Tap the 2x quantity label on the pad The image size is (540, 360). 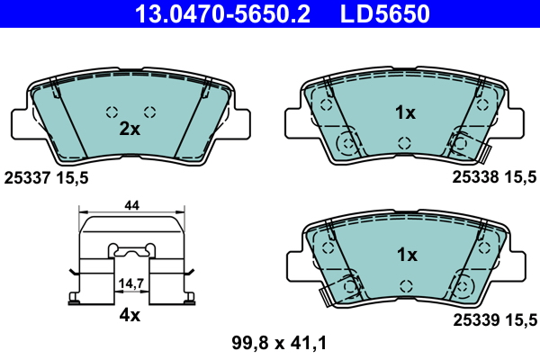130,129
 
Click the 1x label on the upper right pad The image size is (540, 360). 406,113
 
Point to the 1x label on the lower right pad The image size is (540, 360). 406,255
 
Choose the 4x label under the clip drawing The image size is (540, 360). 131,316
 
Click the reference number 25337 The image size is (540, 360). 27,178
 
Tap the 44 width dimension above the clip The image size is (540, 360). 131,206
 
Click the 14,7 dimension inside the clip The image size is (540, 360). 131,283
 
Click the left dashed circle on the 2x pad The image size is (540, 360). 112,112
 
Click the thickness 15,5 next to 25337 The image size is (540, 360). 74,178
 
